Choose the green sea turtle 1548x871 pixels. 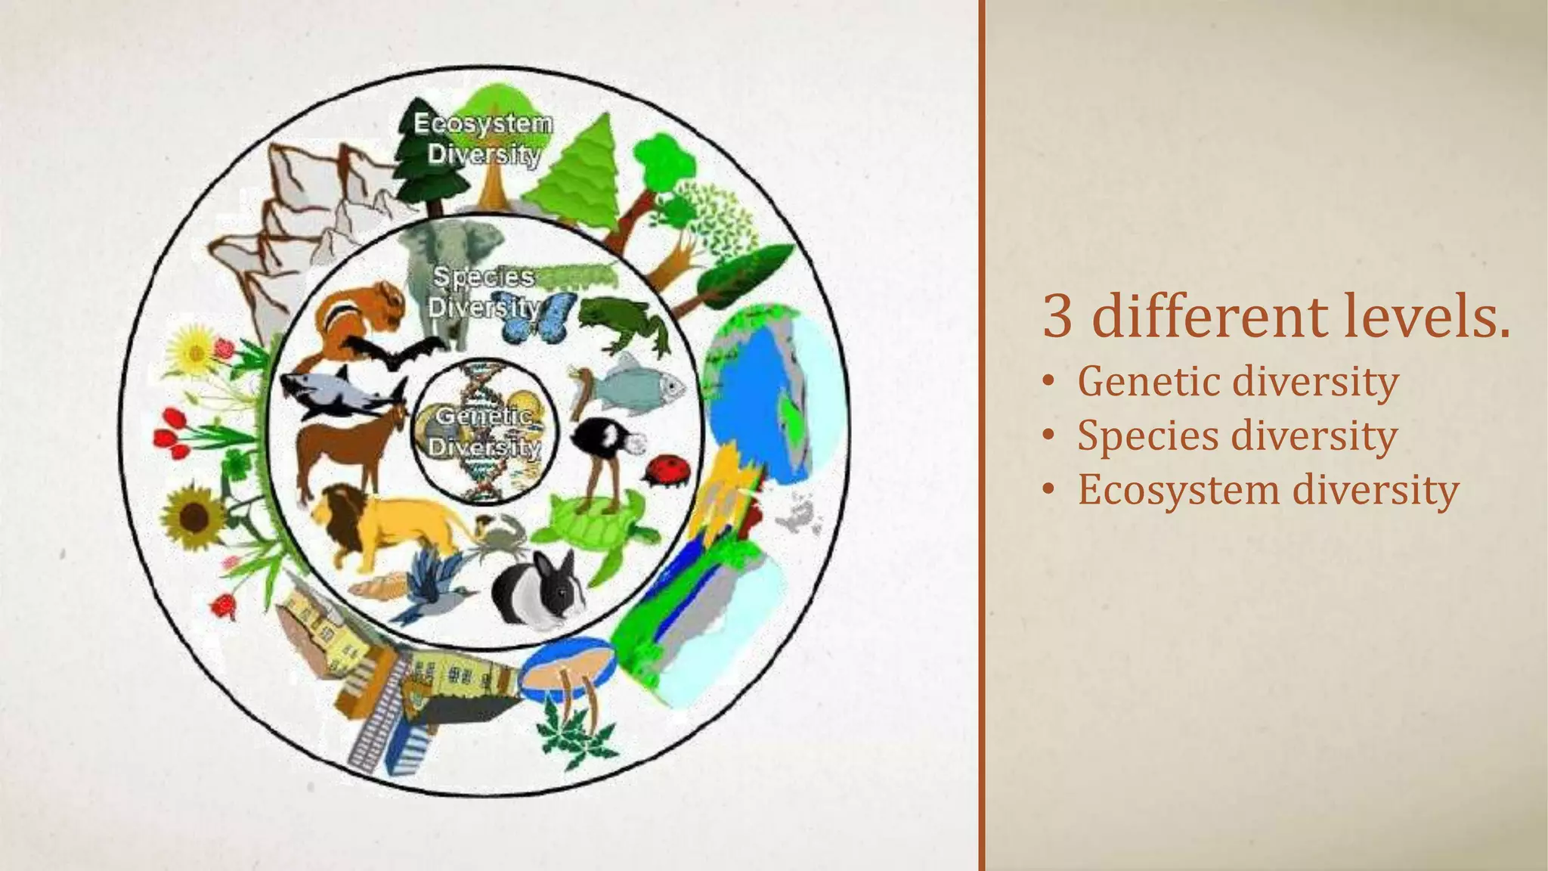click(x=597, y=522)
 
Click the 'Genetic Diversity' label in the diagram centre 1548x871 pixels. click(x=485, y=431)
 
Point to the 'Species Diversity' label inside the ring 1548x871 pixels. click(x=484, y=292)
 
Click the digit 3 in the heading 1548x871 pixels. click(x=1057, y=317)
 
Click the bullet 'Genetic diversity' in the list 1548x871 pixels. click(x=1237, y=381)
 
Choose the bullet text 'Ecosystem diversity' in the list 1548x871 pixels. click(x=1268, y=490)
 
